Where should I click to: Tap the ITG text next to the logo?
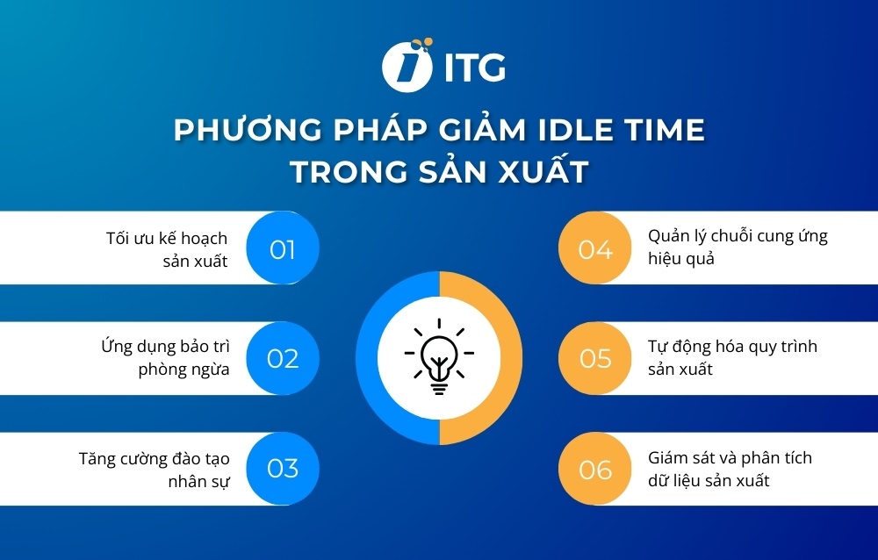474,68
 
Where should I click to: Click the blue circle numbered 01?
282,249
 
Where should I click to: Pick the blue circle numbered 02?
282,358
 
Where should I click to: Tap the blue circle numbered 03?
282,468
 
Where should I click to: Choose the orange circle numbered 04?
595,249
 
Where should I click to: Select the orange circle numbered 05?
595,358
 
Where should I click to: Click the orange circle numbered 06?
595,469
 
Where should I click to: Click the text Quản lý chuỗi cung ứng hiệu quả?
738,248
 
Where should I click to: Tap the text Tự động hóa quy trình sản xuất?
732,357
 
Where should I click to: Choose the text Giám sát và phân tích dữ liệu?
730,469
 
